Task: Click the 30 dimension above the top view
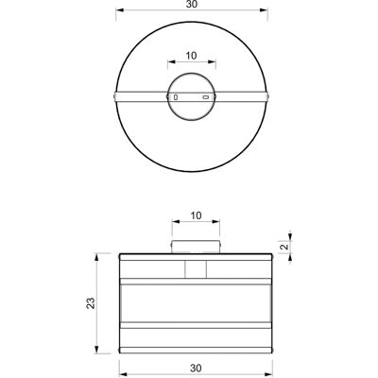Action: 192,4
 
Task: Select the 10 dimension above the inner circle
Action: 191,56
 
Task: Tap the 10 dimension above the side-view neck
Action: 196,215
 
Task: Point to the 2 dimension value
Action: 284,247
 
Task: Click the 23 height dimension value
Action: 91,303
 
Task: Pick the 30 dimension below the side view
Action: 196,368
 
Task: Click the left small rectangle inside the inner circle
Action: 176,97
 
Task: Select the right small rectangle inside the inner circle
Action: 206,97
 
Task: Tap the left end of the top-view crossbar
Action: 114,96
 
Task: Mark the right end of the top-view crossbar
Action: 267,96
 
